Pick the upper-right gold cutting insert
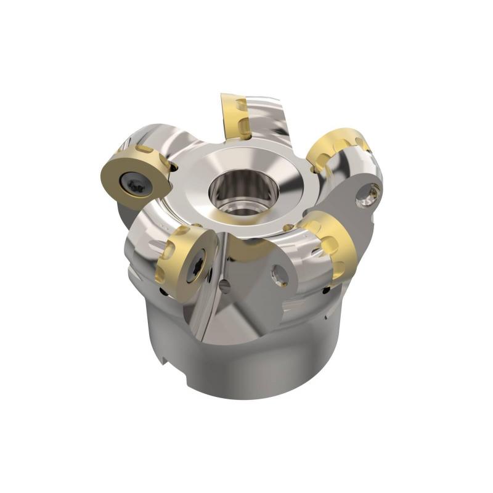[x=337, y=148]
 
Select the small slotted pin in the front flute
[x=224, y=285]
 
